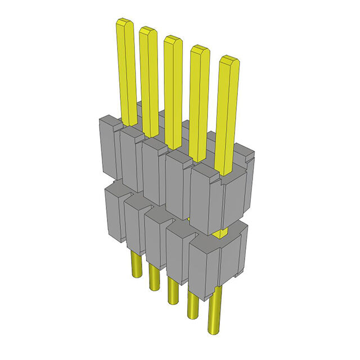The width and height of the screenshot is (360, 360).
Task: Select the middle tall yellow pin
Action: tap(173, 90)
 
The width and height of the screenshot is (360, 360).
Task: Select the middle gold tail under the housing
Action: tap(173, 290)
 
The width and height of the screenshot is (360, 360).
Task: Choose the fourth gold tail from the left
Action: tap(192, 304)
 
